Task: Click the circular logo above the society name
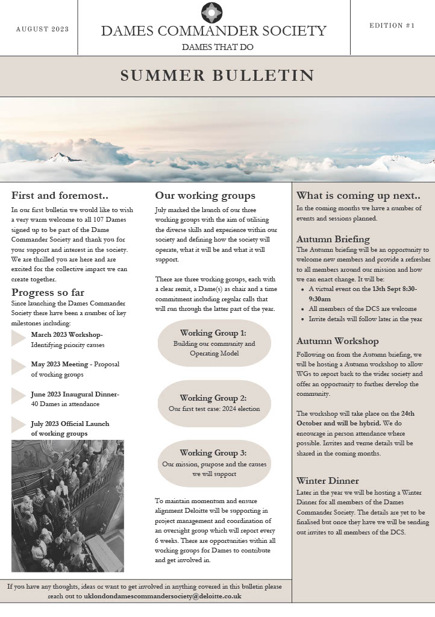pyautogui.click(x=212, y=11)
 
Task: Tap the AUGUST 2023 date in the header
pyautogui.click(x=42, y=29)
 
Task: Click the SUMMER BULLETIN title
pyautogui.click(x=217, y=75)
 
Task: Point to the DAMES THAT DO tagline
pyautogui.click(x=217, y=47)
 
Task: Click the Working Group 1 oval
pyautogui.click(x=214, y=343)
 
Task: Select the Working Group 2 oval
pyautogui.click(x=214, y=403)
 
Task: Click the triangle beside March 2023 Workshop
pyautogui.click(x=18, y=339)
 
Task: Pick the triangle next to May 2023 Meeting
pyautogui.click(x=18, y=368)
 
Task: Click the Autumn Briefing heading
pyautogui.click(x=333, y=239)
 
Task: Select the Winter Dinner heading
pyautogui.click(x=328, y=480)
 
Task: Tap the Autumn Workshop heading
pyautogui.click(x=337, y=341)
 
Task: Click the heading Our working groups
pyautogui.click(x=205, y=195)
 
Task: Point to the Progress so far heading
pyautogui.click(x=48, y=293)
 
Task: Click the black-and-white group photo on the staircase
pyautogui.click(x=67, y=506)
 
